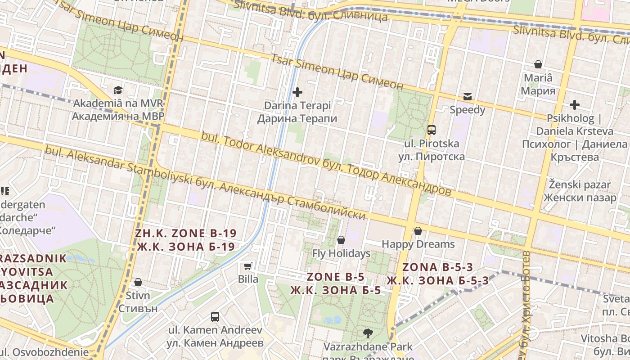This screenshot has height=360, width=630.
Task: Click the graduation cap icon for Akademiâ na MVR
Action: (118, 90)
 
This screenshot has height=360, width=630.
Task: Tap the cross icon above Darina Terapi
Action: (297, 93)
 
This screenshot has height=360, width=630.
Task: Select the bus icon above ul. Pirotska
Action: (431, 130)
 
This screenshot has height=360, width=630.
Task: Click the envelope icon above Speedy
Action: (468, 97)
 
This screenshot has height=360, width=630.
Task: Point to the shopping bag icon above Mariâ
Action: (538, 64)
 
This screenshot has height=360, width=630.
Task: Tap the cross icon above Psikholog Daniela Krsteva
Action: (574, 105)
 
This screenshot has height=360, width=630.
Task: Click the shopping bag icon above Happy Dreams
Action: (418, 231)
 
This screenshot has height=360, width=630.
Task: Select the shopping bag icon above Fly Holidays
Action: (341, 240)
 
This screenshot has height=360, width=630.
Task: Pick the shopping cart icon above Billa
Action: (247, 266)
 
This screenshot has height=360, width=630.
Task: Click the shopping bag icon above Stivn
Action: (138, 282)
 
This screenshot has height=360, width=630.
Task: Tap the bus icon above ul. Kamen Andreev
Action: (215, 316)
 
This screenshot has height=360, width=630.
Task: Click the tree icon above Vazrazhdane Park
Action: (368, 333)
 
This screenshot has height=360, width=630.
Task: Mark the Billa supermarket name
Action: (248, 279)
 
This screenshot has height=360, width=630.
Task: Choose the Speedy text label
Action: (468, 110)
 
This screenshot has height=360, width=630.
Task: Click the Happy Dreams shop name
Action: (418, 244)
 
